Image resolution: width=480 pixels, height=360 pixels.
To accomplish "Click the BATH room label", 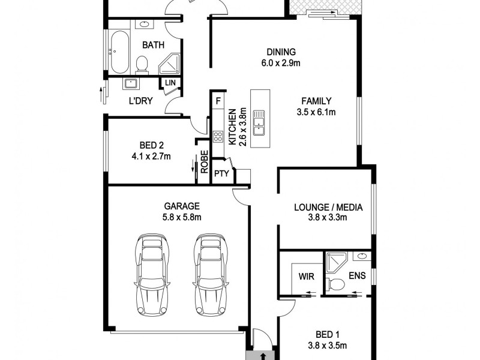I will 154,45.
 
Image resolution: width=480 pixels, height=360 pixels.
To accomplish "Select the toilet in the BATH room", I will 142,64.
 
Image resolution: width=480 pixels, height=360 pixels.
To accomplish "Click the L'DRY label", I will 140,101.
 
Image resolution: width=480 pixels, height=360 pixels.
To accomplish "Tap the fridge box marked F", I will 219,101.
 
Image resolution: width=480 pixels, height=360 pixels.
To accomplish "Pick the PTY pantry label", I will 221,175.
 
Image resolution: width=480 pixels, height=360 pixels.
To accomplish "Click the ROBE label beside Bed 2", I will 204,162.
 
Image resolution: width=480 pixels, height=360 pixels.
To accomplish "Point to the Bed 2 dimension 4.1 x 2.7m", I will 147,157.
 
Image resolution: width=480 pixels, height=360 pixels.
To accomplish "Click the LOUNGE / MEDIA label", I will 328,208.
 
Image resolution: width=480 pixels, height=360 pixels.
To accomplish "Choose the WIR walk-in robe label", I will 306,278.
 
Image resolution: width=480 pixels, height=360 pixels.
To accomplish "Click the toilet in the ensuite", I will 338,284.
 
